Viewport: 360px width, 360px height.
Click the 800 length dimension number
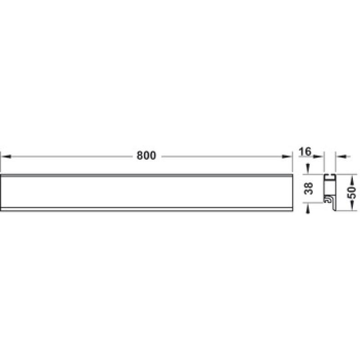pyautogui.click(x=146, y=155)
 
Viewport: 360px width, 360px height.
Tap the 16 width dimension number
pyautogui.click(x=305, y=152)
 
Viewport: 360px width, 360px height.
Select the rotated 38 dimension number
pyautogui.click(x=308, y=188)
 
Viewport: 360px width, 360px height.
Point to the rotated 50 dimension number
pyautogui.click(x=351, y=193)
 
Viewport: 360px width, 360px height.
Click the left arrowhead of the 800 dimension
pyautogui.click(x=6, y=157)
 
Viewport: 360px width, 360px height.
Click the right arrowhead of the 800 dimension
pyautogui.click(x=287, y=157)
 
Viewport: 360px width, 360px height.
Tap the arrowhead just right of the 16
pyautogui.click(x=319, y=157)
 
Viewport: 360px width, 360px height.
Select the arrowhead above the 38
pyautogui.click(x=308, y=168)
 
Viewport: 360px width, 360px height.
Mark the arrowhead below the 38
pyautogui.click(x=308, y=209)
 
